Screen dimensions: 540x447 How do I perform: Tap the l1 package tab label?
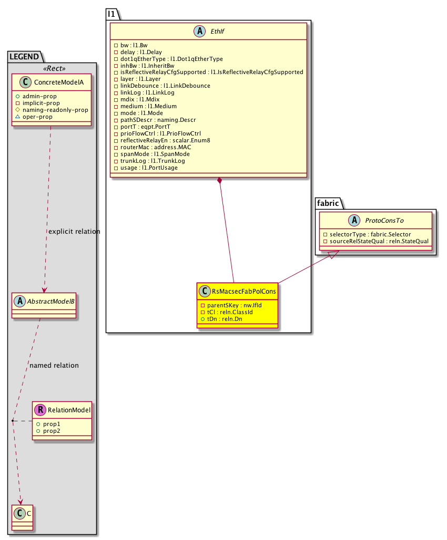[x=112, y=14]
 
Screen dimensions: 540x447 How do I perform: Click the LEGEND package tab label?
[x=24, y=56]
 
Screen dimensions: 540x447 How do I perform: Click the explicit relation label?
[x=74, y=232]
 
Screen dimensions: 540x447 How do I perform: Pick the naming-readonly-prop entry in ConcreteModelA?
[x=59, y=110]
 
